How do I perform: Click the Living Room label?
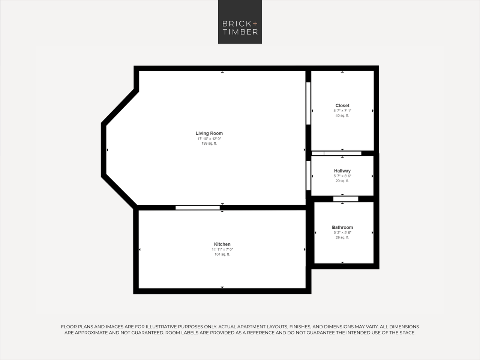pyautogui.click(x=209, y=133)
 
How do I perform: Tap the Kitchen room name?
pyautogui.click(x=222, y=244)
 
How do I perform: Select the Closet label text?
pyautogui.click(x=342, y=105)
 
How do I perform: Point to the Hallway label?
pyautogui.click(x=342, y=171)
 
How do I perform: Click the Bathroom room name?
pyautogui.click(x=342, y=227)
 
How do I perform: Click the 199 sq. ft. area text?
pyautogui.click(x=209, y=144)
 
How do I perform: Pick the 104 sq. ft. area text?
pyautogui.click(x=222, y=255)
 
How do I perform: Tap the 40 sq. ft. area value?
pyautogui.click(x=342, y=116)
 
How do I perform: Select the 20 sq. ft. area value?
pyautogui.click(x=342, y=181)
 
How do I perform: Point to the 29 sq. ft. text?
pyautogui.click(x=342, y=238)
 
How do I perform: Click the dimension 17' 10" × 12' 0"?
pyautogui.click(x=209, y=139)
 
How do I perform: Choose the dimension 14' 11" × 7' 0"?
pyautogui.click(x=222, y=249)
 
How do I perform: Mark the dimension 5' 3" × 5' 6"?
pyautogui.click(x=342, y=232)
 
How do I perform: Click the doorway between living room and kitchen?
pyautogui.click(x=198, y=208)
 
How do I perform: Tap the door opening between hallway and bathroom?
pyautogui.click(x=345, y=199)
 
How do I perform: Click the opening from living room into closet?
pyautogui.click(x=308, y=103)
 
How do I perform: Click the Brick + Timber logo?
pyautogui.click(x=240, y=22)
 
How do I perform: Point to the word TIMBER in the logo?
pyautogui.click(x=240, y=32)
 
